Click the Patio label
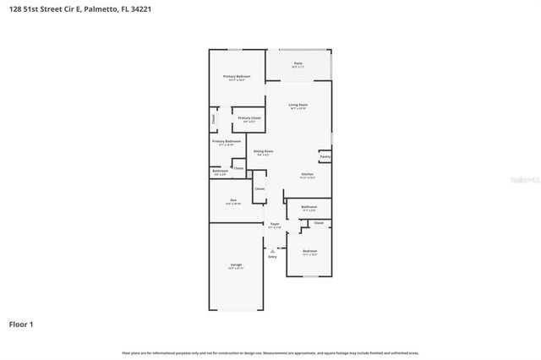pos(298,63)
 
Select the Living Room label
pos(298,106)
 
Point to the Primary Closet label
pos(249,118)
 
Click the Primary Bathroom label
pos(227,141)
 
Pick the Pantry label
pos(325,156)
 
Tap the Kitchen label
pos(308,175)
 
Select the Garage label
pos(236,265)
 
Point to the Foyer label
pos(275,224)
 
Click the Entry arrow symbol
pos(272,250)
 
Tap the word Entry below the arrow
pos(272,256)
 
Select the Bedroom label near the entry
pos(310,251)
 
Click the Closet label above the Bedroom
pos(318,223)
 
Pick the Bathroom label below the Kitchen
pos(309,207)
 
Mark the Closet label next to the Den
pos(260,188)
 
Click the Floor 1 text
pos(22,324)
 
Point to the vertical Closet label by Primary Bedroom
pos(213,119)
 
